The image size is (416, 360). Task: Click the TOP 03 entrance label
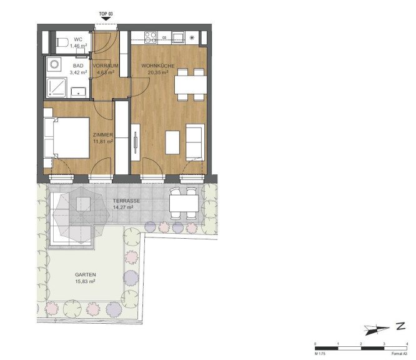(x=106, y=14)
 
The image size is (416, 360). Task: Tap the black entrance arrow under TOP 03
(x=106, y=19)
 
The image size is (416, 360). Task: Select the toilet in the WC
(x=62, y=42)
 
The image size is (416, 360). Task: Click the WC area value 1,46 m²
(x=78, y=46)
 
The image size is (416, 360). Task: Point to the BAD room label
(x=78, y=66)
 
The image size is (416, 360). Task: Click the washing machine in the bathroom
(x=54, y=64)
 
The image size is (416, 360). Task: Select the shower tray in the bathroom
(x=56, y=87)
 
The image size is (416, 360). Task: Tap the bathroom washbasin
(x=79, y=92)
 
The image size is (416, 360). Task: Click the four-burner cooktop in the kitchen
(x=151, y=37)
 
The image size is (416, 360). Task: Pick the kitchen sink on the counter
(x=178, y=37)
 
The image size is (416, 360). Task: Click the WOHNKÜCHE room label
(x=158, y=66)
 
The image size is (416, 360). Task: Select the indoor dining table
(x=191, y=85)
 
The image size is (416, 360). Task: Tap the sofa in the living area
(x=195, y=142)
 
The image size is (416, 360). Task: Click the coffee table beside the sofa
(x=172, y=142)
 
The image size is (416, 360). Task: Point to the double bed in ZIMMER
(x=67, y=137)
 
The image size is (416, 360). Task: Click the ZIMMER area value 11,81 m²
(x=103, y=141)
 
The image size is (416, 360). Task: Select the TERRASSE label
(x=126, y=201)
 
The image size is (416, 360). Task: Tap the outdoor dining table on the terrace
(x=184, y=203)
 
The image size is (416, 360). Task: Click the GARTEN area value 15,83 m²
(x=85, y=281)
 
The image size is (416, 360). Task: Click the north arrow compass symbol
(x=376, y=329)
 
